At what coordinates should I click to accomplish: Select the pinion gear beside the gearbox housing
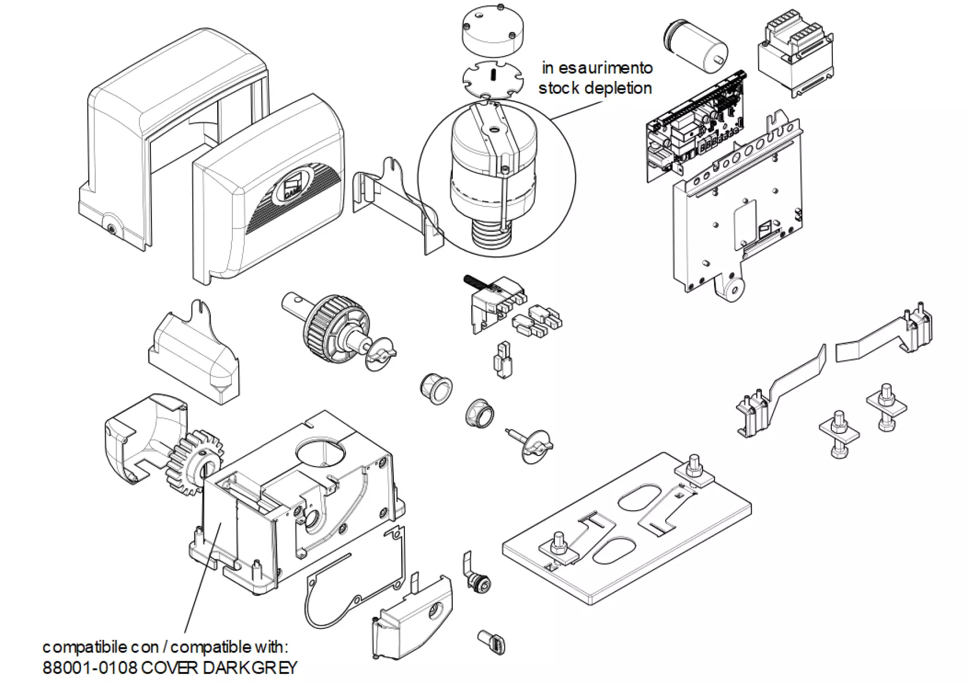(x=190, y=460)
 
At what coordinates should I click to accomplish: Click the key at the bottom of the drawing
(x=492, y=642)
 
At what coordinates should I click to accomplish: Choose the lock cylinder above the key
(x=480, y=582)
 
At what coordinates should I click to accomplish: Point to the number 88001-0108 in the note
(x=90, y=668)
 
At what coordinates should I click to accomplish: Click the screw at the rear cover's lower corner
(x=111, y=229)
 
